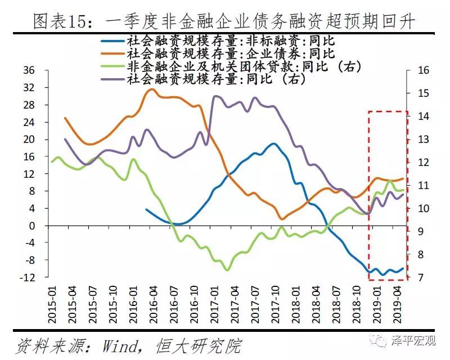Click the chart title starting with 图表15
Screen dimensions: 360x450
224,22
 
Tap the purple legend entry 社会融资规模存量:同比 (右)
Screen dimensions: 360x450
217,79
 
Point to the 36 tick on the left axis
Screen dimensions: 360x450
29,70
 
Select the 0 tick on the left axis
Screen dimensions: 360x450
32,226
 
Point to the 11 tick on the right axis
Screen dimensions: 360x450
421,186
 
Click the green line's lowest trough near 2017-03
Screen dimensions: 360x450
227,270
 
